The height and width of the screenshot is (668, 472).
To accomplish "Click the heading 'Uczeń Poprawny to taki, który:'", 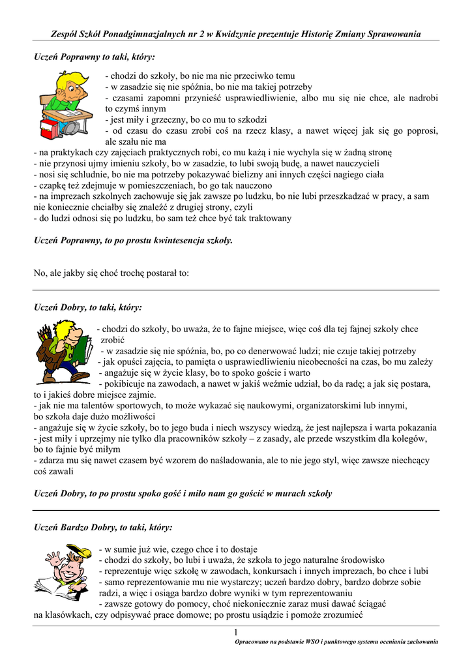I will click(x=95, y=57).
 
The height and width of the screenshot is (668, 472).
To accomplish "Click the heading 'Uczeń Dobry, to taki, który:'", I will click(x=87, y=307).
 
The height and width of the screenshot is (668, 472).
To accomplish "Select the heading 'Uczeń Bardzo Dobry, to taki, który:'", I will click(x=103, y=526).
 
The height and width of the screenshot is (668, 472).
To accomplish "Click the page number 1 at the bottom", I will click(x=236, y=632).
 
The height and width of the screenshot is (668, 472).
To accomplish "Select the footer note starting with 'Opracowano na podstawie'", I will click(x=336, y=643).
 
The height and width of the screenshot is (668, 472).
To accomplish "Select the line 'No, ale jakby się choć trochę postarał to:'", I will click(x=111, y=273).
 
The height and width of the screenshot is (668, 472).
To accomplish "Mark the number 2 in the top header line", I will click(x=195, y=34).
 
